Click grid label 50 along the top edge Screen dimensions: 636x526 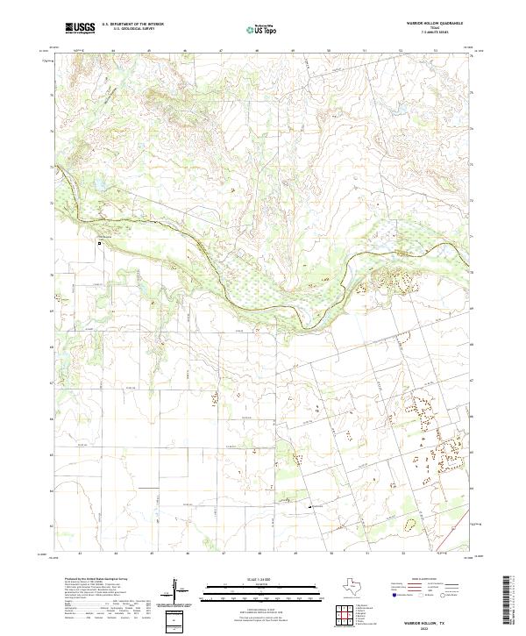[329, 51]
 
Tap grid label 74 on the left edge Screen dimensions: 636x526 [52, 132]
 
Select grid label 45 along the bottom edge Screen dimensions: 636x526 [152, 554]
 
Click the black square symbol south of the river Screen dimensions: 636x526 [100, 244]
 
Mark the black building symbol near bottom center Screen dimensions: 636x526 [309, 506]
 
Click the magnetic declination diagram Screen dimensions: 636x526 [178, 592]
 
